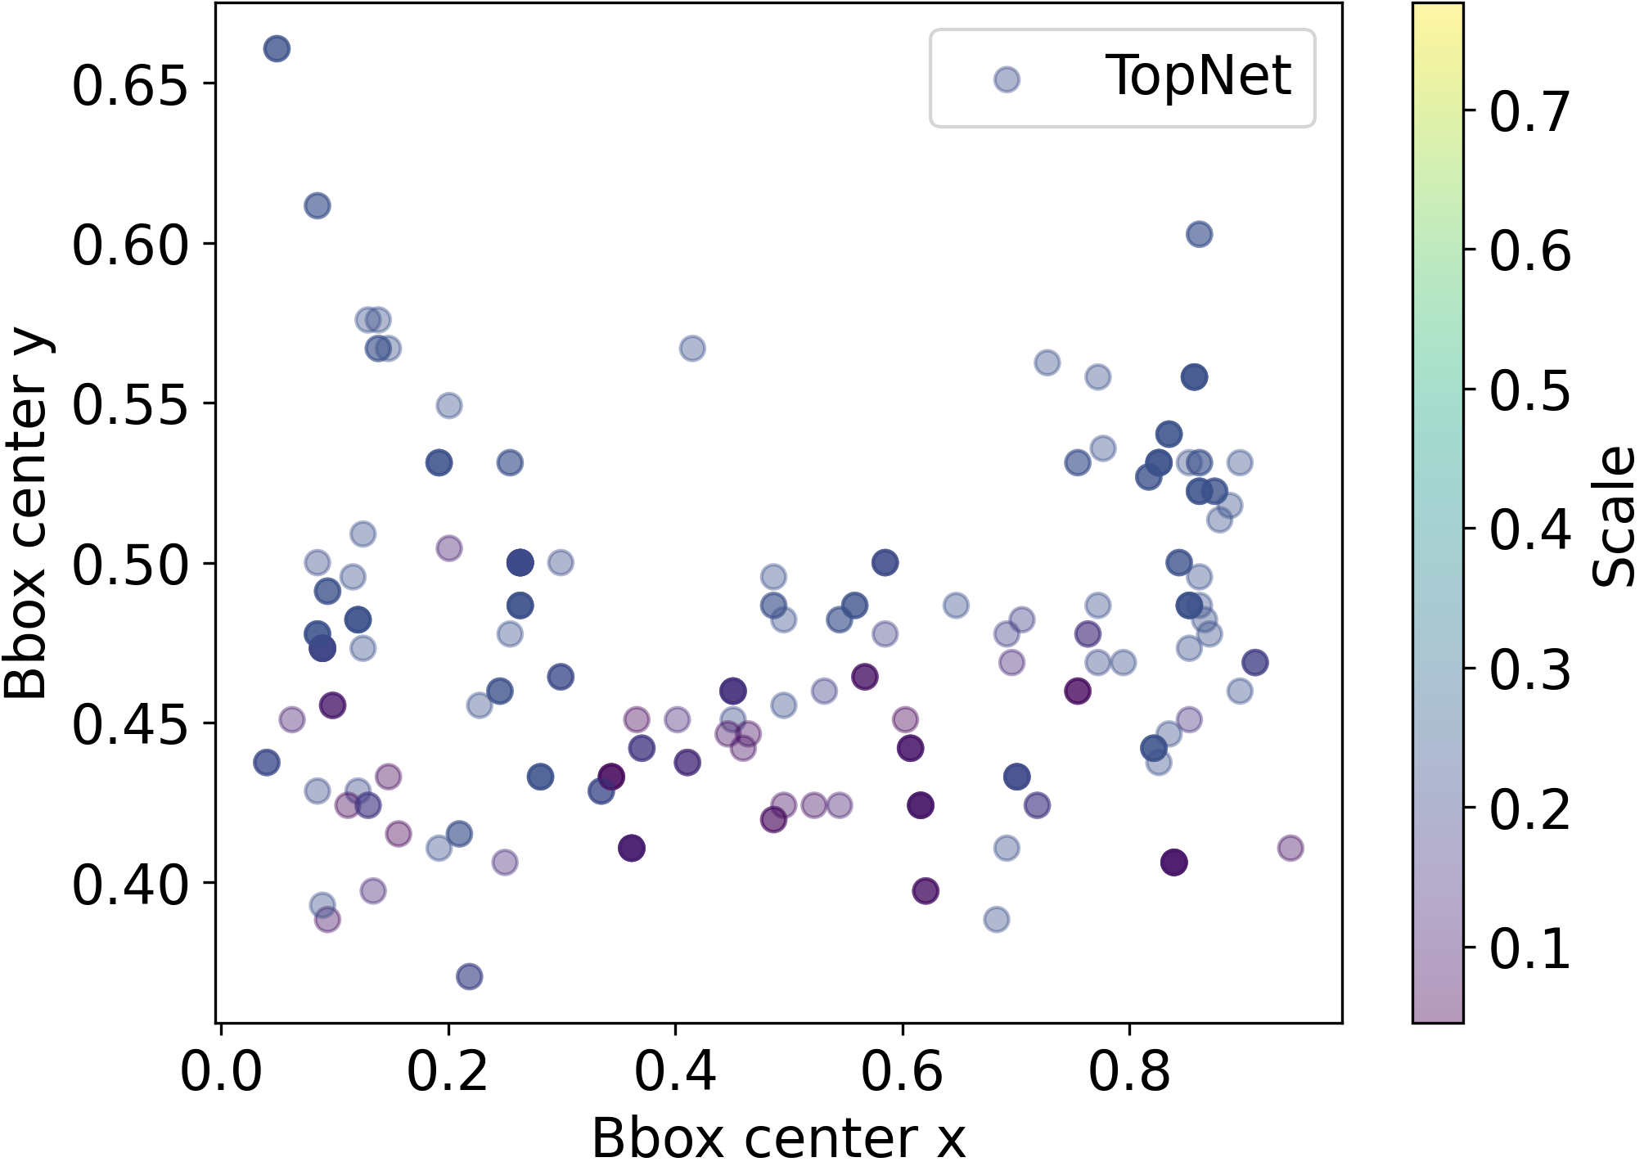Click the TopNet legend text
coord(1197,76)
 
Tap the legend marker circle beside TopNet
coord(1007,79)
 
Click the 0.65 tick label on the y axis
coord(131,85)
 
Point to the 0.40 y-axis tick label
coord(131,885)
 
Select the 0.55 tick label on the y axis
coord(131,404)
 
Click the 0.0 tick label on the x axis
coord(221,1070)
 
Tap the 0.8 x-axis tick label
coord(1129,1070)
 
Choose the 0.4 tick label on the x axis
coord(675,1070)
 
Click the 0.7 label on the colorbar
coord(1529,111)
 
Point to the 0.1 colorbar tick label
coord(1529,948)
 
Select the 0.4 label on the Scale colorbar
coord(1529,529)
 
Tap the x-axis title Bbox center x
coord(778,1138)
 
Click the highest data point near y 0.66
coord(277,49)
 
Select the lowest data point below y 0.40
coord(469,976)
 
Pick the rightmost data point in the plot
coord(1290,848)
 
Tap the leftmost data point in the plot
coord(266,763)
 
